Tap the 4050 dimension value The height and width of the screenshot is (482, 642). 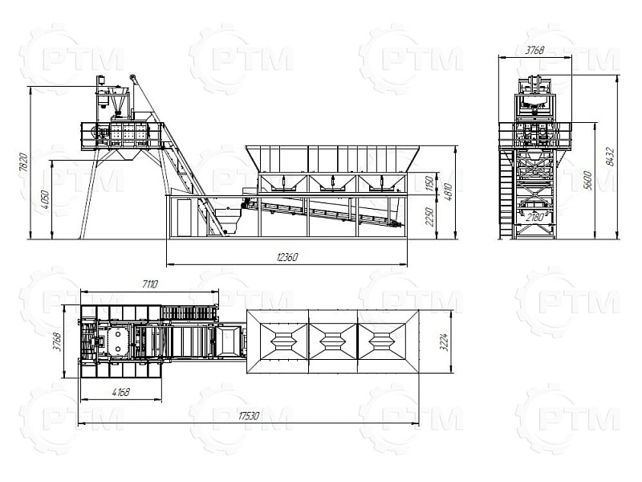coord(46,199)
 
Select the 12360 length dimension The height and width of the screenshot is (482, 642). coord(287,257)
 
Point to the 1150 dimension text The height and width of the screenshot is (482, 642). coord(429,184)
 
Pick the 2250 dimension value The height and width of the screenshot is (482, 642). coord(429,217)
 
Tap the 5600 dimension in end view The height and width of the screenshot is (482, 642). coord(588,180)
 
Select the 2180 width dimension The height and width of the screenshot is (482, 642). coord(534,217)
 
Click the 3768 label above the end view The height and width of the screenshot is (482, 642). coord(534,50)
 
